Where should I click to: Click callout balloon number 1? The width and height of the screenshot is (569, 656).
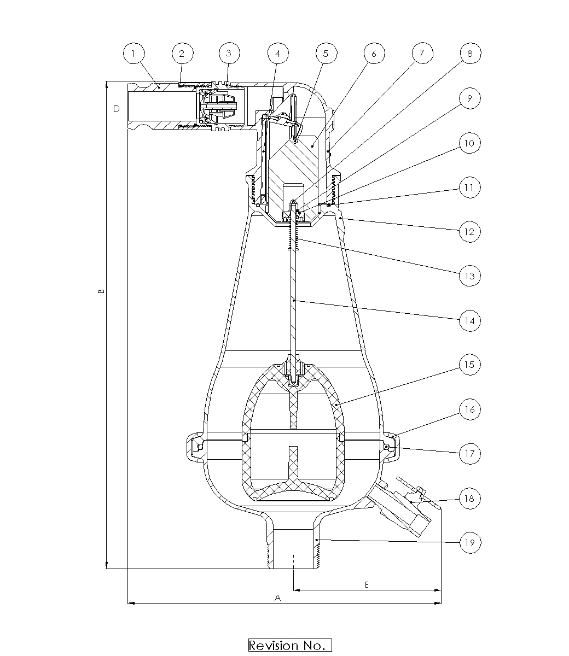coord(134,54)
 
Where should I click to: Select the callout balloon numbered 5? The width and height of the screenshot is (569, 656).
coord(326,54)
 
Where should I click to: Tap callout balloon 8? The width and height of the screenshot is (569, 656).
coord(470,54)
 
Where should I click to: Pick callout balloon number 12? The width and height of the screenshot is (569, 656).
coord(470,231)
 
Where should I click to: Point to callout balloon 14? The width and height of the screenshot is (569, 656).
coord(470,320)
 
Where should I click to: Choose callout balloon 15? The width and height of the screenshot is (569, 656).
coord(470,365)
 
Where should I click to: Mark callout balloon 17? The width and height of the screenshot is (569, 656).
coord(470,454)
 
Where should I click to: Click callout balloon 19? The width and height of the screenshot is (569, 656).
coord(470,543)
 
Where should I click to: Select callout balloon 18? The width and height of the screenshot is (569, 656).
coord(470,498)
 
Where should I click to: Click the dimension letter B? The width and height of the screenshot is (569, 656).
coord(101,292)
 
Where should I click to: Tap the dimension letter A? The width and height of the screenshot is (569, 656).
coord(277,598)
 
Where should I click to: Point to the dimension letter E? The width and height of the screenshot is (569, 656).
coord(367,584)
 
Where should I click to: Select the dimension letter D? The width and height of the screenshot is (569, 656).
coord(116,109)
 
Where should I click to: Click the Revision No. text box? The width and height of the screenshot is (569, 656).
coord(290,645)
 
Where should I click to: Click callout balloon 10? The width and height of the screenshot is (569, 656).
coord(470,143)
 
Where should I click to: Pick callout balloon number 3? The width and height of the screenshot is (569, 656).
coord(230,54)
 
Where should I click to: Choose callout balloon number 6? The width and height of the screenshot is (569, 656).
coord(374,54)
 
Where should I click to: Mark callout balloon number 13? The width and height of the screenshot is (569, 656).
coord(470,276)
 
